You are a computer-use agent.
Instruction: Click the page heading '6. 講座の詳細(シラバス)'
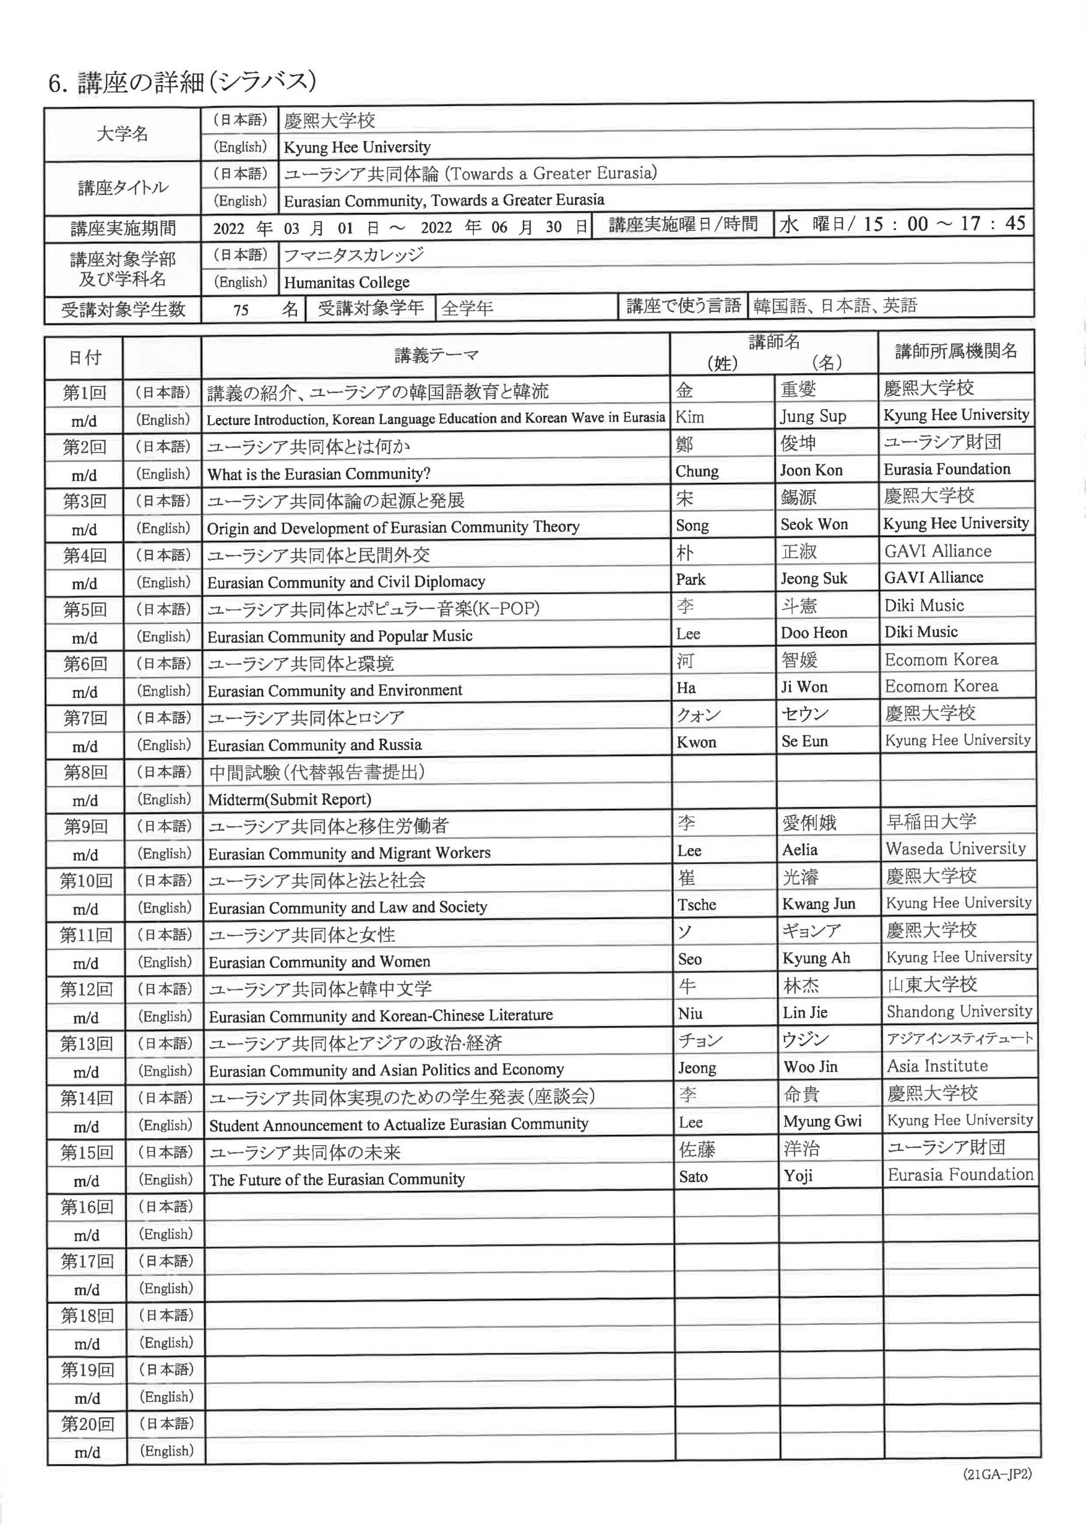pos(182,82)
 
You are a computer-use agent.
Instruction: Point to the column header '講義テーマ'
pos(436,355)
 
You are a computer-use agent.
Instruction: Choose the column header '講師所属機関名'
pos(956,350)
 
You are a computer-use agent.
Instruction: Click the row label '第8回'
pos(86,772)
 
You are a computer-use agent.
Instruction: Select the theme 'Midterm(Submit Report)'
pos(289,799)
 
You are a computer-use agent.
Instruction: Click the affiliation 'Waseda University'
pos(956,848)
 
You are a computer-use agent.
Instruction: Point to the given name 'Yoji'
pos(798,1175)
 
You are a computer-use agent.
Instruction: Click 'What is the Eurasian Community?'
pos(318,475)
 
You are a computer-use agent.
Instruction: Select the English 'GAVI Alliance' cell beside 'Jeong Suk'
pos(934,577)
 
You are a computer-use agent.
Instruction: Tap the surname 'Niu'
pos(690,1013)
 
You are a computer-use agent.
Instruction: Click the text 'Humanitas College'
pos(347,283)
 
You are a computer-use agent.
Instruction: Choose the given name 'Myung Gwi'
pos(823,1121)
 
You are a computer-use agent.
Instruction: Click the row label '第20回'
pos(87,1424)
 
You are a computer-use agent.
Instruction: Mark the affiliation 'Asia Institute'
pos(937,1066)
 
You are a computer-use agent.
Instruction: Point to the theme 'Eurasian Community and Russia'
pos(314,745)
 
